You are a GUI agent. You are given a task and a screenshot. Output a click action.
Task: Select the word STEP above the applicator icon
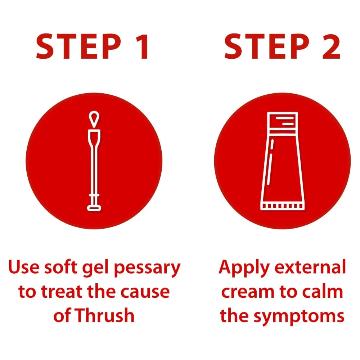pyautogui.click(x=78, y=46)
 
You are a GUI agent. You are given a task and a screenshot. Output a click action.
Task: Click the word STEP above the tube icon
pyautogui.click(x=267, y=46)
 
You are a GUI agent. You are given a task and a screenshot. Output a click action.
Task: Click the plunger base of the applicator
pyautogui.click(x=94, y=208)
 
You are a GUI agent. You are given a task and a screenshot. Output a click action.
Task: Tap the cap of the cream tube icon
pyautogui.click(x=282, y=121)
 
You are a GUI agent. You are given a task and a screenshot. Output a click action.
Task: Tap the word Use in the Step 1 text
pyautogui.click(x=24, y=267)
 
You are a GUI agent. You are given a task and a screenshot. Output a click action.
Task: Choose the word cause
pyautogui.click(x=145, y=292)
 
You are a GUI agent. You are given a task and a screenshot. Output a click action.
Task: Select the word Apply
pyautogui.click(x=244, y=268)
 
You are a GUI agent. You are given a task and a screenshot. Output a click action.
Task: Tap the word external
pyautogui.click(x=310, y=267)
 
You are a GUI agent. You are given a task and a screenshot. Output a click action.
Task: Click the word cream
pyautogui.click(x=248, y=292)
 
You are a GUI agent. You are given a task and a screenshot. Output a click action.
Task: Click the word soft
pyautogui.click(x=61, y=267)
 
